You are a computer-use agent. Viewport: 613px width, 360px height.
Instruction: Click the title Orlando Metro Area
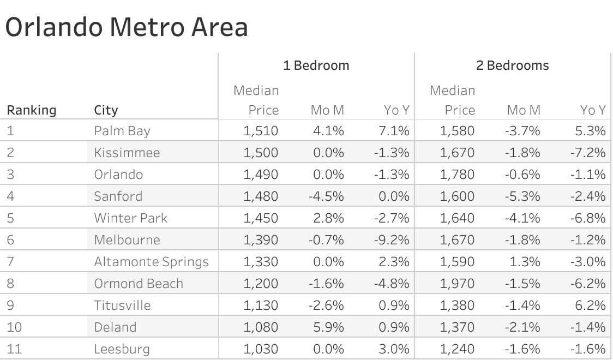point(127,27)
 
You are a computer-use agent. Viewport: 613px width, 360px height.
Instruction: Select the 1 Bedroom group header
point(316,66)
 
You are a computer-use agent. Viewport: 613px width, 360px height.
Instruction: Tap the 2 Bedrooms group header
point(512,66)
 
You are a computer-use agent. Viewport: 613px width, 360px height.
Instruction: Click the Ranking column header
point(32,110)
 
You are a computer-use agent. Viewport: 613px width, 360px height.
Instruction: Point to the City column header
point(106,110)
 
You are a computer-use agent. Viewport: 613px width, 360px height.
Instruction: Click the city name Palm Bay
point(122,131)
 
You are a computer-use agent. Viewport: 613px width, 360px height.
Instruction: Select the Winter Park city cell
point(130,218)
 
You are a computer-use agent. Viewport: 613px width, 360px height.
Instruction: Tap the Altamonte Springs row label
point(151,262)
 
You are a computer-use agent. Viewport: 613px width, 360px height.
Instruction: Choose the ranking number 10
point(15,327)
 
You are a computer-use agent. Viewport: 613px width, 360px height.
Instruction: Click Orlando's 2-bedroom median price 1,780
point(457,175)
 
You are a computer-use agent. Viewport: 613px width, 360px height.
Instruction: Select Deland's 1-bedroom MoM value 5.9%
point(328,327)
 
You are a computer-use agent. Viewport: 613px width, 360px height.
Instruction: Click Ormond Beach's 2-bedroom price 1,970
point(457,284)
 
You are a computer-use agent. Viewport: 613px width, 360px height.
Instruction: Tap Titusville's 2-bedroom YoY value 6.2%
point(591,305)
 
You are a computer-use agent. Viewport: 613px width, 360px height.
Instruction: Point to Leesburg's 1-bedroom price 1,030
point(261,349)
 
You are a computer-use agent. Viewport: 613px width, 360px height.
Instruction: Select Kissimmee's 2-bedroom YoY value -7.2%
point(588,153)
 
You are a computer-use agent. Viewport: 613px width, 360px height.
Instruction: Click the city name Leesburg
point(122,349)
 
